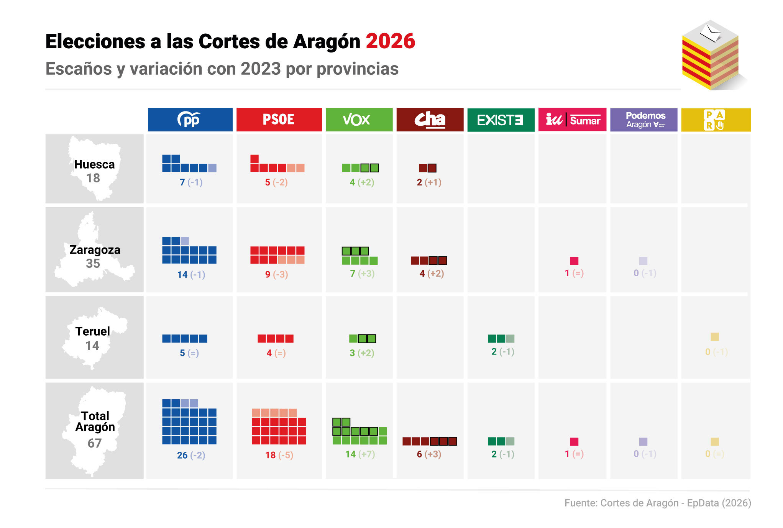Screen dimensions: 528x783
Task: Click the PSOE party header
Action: point(279,120)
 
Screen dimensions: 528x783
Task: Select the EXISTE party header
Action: point(501,120)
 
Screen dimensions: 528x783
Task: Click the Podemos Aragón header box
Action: point(643,120)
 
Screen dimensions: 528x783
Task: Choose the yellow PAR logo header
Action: point(715,120)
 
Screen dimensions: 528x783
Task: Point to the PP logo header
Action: point(190,120)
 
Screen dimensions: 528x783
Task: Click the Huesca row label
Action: point(94,165)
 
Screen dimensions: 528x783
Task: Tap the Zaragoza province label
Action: point(95,250)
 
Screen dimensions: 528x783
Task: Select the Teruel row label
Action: point(92,331)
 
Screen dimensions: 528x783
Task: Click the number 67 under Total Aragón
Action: point(94,443)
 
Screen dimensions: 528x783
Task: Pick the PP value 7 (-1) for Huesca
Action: point(191,182)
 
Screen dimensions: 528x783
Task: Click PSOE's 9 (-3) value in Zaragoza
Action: point(276,274)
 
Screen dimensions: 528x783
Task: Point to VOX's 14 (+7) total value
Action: point(360,454)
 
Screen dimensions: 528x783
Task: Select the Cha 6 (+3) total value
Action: point(429,454)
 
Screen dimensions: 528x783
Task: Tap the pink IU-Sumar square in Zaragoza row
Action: point(574,261)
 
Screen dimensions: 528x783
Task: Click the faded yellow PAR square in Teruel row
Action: point(714,337)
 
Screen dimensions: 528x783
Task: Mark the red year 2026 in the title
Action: point(390,41)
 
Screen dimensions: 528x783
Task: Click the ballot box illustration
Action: point(712,56)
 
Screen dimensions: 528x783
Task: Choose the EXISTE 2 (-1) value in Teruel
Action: point(502,352)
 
